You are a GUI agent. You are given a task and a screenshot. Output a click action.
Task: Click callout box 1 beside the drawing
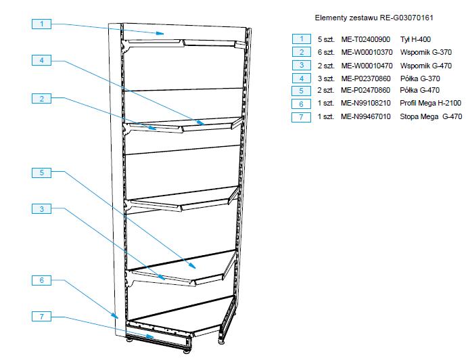[41, 24]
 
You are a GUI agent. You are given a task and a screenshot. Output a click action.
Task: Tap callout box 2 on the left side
[41, 99]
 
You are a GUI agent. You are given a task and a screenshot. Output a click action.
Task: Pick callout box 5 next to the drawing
[41, 173]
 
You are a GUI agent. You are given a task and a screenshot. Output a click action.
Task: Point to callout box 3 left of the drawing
[41, 210]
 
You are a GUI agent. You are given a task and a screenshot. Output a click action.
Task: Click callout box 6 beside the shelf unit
[41, 280]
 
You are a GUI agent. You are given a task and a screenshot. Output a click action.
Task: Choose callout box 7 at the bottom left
[41, 316]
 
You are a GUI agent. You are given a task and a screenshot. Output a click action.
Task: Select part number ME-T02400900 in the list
[366, 39]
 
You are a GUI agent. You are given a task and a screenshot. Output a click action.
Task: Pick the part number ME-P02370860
[366, 78]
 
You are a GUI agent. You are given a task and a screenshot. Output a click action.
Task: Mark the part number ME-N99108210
[366, 104]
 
